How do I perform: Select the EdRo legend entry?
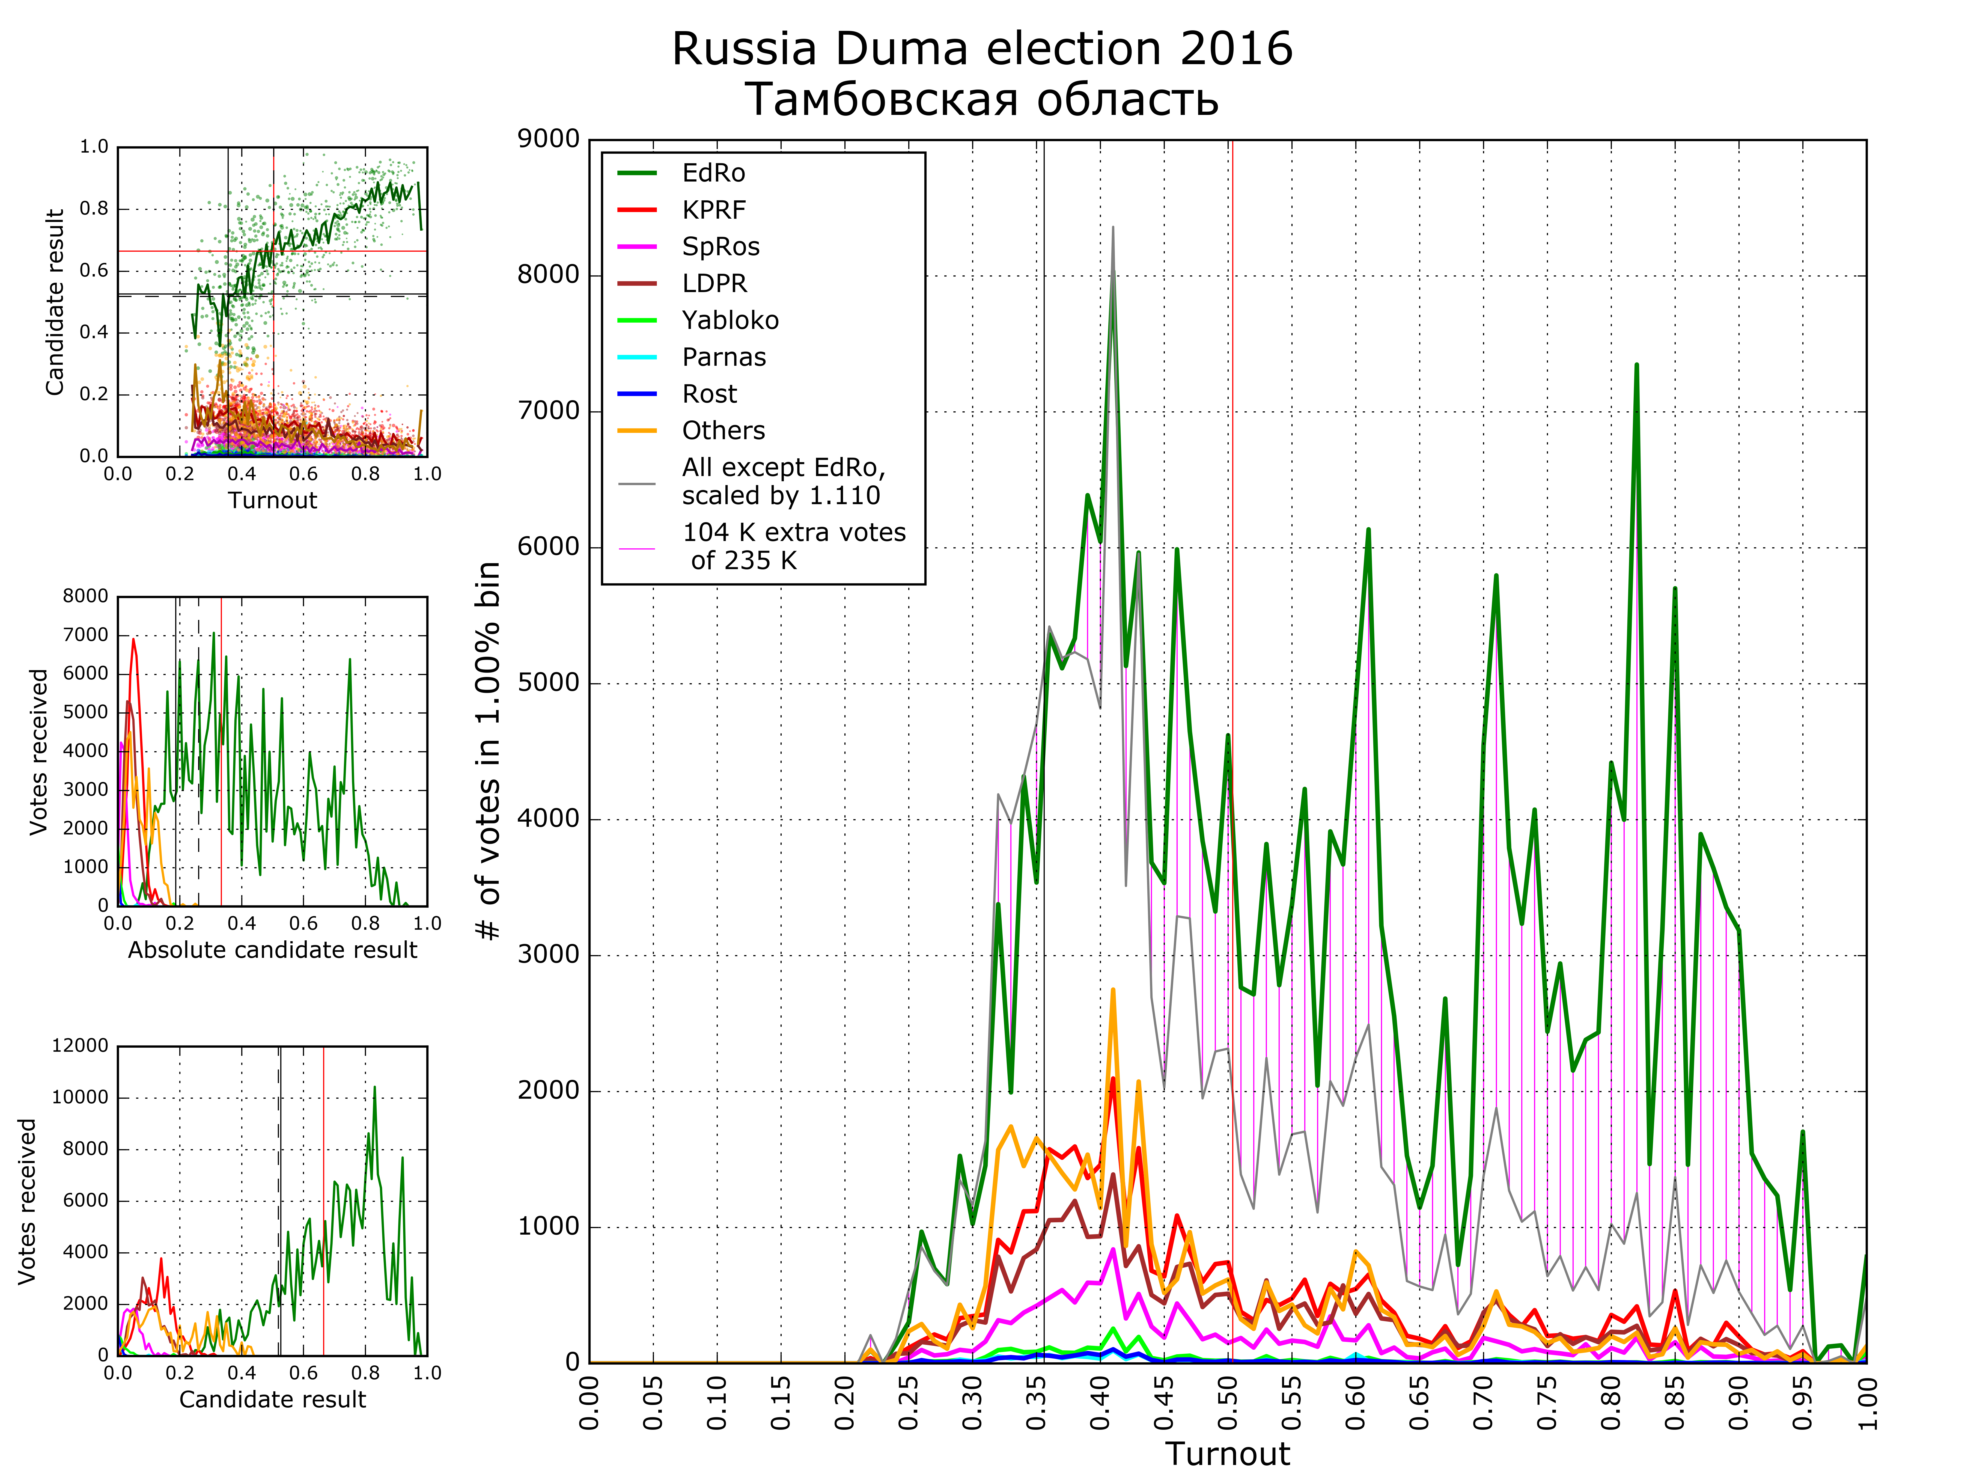[x=713, y=173]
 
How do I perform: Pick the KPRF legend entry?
[x=713, y=210]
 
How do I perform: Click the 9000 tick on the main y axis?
[x=548, y=139]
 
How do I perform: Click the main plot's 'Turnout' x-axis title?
[x=1228, y=1454]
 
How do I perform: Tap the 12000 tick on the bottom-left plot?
[x=80, y=1046]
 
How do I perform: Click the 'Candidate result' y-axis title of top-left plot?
[x=55, y=302]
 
